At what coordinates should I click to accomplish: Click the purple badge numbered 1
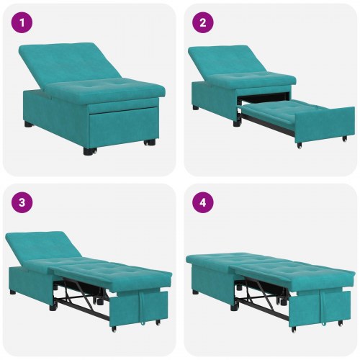22,22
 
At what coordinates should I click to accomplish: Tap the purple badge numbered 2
202,22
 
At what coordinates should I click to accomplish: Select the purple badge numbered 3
22,202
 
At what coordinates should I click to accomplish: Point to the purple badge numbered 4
202,202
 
